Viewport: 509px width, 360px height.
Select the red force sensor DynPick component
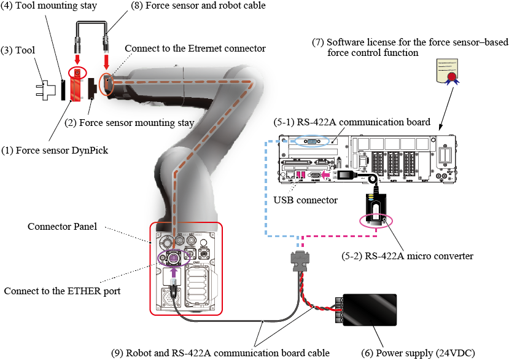tap(76, 87)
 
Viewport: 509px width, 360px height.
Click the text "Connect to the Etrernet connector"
tap(195, 48)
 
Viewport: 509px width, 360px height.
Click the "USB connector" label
tap(305, 200)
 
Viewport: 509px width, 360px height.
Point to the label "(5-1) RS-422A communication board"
tap(351, 121)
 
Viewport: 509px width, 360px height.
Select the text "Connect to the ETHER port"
tap(62, 291)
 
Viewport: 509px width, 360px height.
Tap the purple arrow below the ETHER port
tap(173, 270)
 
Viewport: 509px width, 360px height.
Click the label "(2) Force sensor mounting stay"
tap(129, 122)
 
